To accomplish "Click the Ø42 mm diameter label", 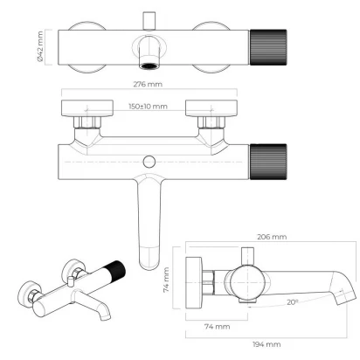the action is point(40,46).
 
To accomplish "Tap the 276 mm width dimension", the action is point(148,84).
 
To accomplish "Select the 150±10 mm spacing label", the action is point(148,107).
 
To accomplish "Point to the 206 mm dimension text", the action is point(272,237).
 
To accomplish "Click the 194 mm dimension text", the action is point(267,344).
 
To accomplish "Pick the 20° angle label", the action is point(293,302).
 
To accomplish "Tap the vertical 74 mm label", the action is point(166,280).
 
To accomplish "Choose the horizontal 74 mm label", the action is point(217,327).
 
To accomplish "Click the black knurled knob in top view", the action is point(268,47).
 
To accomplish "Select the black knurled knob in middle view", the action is point(268,162).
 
